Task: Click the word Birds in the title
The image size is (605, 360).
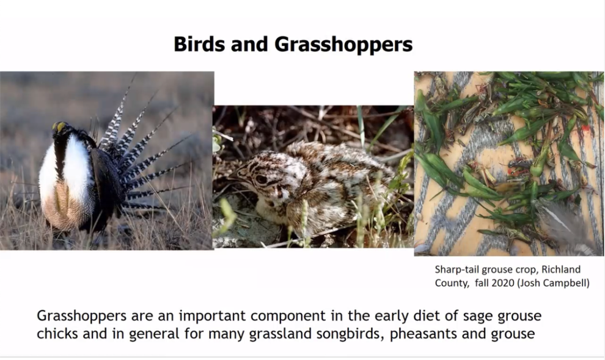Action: coord(199,44)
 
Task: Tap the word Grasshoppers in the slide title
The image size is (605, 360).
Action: coord(343,45)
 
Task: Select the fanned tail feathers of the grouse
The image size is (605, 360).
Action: coord(143,155)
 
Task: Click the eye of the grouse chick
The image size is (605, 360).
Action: coord(261,179)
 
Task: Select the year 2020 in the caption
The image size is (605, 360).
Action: coord(503,283)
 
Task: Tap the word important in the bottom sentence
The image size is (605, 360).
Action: coord(211,316)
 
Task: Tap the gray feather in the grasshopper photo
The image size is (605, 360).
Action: coord(565,226)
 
